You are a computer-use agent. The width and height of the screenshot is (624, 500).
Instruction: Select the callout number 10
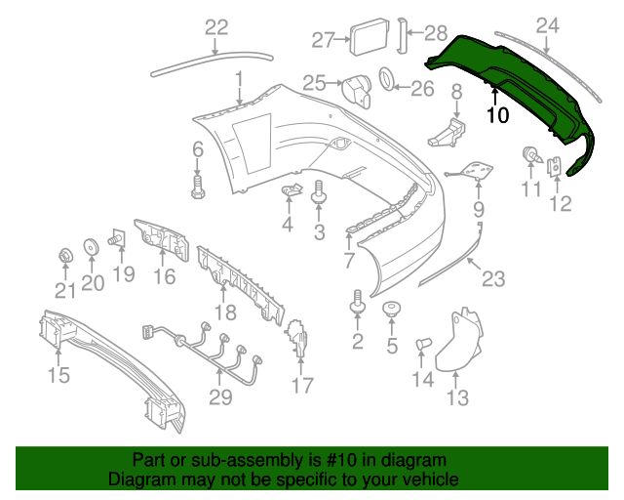[x=496, y=115]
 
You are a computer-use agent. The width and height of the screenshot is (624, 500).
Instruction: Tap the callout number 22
[x=215, y=28]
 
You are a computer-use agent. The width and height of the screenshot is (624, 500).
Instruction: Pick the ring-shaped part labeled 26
[x=386, y=77]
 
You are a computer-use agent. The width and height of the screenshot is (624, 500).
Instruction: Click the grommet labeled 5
[x=392, y=312]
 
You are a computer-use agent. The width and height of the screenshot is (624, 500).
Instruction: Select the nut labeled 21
[x=64, y=257]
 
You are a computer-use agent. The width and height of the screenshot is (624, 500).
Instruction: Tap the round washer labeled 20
[x=91, y=247]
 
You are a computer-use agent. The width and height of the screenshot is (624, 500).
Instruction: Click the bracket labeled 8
[x=448, y=132]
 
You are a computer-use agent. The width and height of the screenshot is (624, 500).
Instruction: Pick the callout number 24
[x=548, y=25]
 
